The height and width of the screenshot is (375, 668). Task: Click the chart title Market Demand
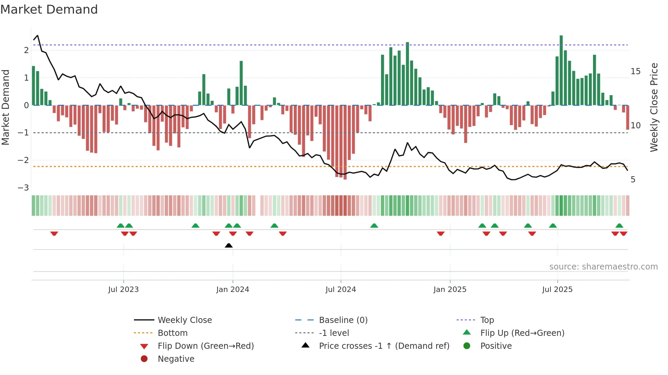pyautogui.click(x=49, y=9)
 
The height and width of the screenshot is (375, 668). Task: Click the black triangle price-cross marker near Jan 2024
pyautogui.click(x=229, y=245)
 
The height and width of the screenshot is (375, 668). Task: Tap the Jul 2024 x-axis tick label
pyautogui.click(x=340, y=290)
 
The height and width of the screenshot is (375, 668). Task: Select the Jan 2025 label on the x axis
pyautogui.click(x=450, y=290)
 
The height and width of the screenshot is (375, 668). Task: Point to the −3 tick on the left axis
pyautogui.click(x=23, y=187)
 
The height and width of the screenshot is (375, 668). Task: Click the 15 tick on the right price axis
pyautogui.click(x=635, y=71)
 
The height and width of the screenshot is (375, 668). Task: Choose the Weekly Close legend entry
pyautogui.click(x=184, y=320)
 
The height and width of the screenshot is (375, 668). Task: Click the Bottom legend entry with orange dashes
pyautogui.click(x=172, y=333)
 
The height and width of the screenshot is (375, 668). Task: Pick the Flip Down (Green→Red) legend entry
pyautogui.click(x=206, y=346)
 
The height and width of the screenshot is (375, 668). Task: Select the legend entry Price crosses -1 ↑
pyautogui.click(x=384, y=346)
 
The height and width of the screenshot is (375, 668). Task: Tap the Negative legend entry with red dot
pyautogui.click(x=176, y=359)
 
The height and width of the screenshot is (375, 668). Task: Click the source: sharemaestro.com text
pyautogui.click(x=603, y=267)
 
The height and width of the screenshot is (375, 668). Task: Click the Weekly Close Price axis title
pyautogui.click(x=654, y=107)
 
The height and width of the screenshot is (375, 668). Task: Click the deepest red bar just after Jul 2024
pyautogui.click(x=345, y=143)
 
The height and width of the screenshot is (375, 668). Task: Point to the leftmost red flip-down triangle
pyautogui.click(x=54, y=233)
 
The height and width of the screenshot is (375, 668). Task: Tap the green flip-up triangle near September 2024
pyautogui.click(x=374, y=226)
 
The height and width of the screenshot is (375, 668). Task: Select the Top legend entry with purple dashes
pyautogui.click(x=487, y=320)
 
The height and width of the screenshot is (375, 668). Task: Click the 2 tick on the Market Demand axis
pyautogui.click(x=26, y=50)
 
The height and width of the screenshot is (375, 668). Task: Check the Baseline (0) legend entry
pyautogui.click(x=343, y=320)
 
